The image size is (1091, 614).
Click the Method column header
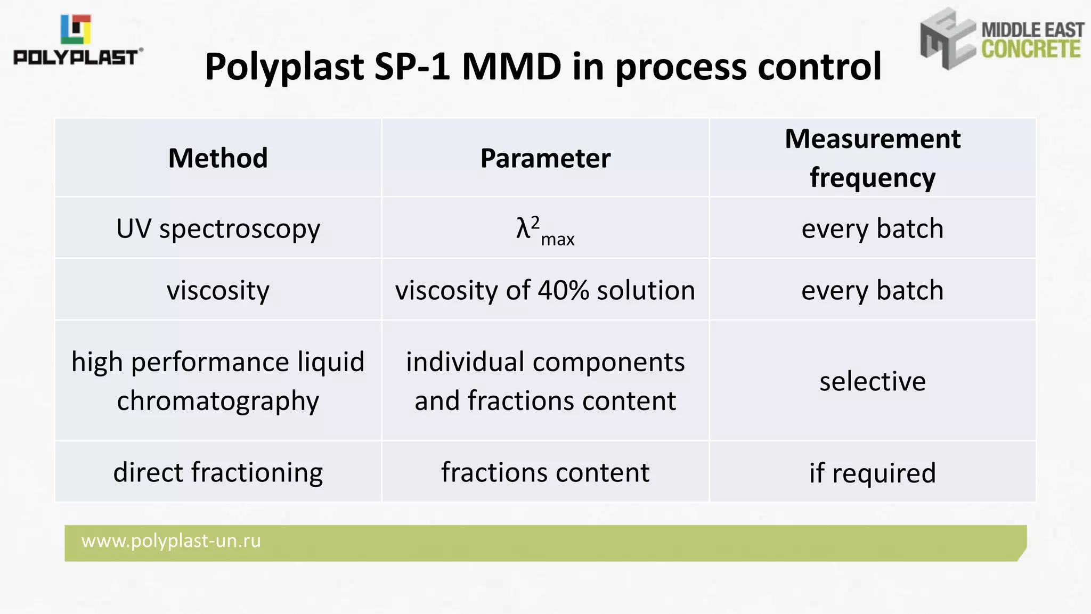(x=218, y=158)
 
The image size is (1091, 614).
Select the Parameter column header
(x=545, y=158)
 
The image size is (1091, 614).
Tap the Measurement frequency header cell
(x=872, y=158)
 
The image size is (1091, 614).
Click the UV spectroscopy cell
(x=218, y=229)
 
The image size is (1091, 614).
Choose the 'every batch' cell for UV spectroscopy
(x=872, y=229)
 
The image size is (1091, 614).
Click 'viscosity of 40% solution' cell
(x=545, y=291)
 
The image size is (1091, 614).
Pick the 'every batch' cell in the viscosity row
(x=872, y=291)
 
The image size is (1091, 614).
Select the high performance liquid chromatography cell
(x=218, y=381)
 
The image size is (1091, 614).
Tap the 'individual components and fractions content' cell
(x=545, y=381)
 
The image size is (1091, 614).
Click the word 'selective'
(x=872, y=381)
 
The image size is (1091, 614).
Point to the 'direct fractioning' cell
(x=218, y=472)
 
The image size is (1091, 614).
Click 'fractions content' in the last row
(x=545, y=472)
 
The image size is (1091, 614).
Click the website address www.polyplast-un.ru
(x=171, y=541)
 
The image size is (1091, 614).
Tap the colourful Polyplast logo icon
(x=76, y=29)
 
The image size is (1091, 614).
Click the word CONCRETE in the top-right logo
(x=1031, y=49)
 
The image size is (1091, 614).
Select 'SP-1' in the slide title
(x=412, y=67)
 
